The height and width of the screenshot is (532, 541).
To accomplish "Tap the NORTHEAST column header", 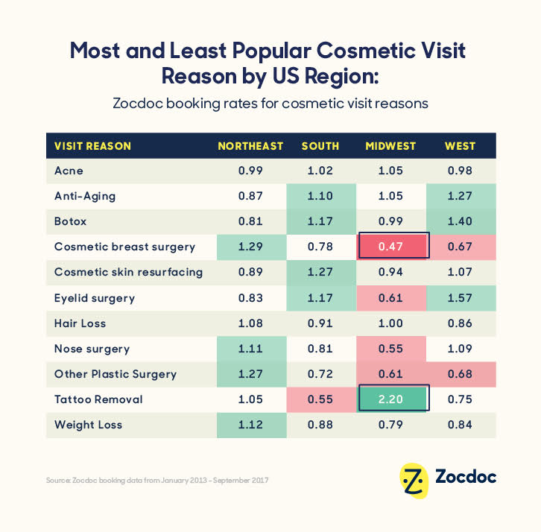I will tap(250, 146).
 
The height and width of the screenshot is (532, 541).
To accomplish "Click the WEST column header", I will tap(460, 146).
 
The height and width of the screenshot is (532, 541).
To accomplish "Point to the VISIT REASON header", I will tap(92, 146).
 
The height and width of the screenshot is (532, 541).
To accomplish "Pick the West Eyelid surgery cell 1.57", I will tap(460, 298).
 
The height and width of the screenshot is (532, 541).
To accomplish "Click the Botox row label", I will tap(71, 221).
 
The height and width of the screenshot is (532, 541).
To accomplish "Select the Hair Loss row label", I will tap(80, 323).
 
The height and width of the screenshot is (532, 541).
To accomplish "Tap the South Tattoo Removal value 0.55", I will tap(320, 399).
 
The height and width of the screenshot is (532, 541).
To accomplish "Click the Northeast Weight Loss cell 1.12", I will tap(250, 425).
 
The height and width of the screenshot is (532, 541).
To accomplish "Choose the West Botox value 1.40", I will tap(460, 221).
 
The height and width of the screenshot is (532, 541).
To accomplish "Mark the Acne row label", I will tap(69, 171).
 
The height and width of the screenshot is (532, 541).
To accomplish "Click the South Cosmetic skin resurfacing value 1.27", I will tap(320, 272).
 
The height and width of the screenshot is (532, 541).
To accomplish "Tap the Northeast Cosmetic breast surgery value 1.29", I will tap(250, 247).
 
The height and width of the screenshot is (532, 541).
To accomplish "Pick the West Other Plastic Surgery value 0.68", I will tap(460, 374).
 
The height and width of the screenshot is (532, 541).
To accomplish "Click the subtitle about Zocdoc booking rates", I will tap(270, 104).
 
